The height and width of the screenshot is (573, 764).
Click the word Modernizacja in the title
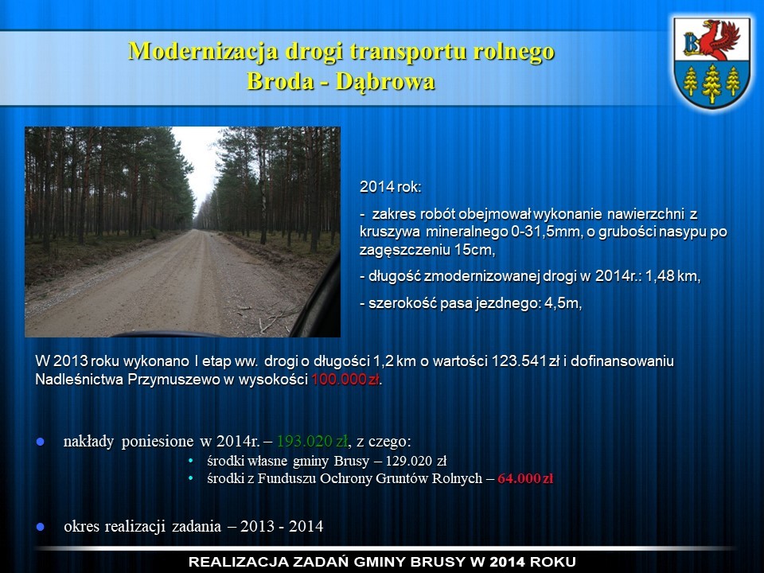203,52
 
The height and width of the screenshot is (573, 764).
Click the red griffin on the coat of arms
719,40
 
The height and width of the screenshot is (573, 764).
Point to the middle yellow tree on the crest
711,84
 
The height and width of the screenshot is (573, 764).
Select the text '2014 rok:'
390,187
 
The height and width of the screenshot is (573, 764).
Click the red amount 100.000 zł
345,380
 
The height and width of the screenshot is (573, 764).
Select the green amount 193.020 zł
312,442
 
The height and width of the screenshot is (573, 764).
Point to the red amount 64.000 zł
525,478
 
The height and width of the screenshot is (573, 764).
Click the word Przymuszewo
174,380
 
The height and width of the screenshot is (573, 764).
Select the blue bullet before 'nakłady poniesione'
41,442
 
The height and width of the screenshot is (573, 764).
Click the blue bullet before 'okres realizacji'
41,527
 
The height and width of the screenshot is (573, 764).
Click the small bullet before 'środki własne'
191,461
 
